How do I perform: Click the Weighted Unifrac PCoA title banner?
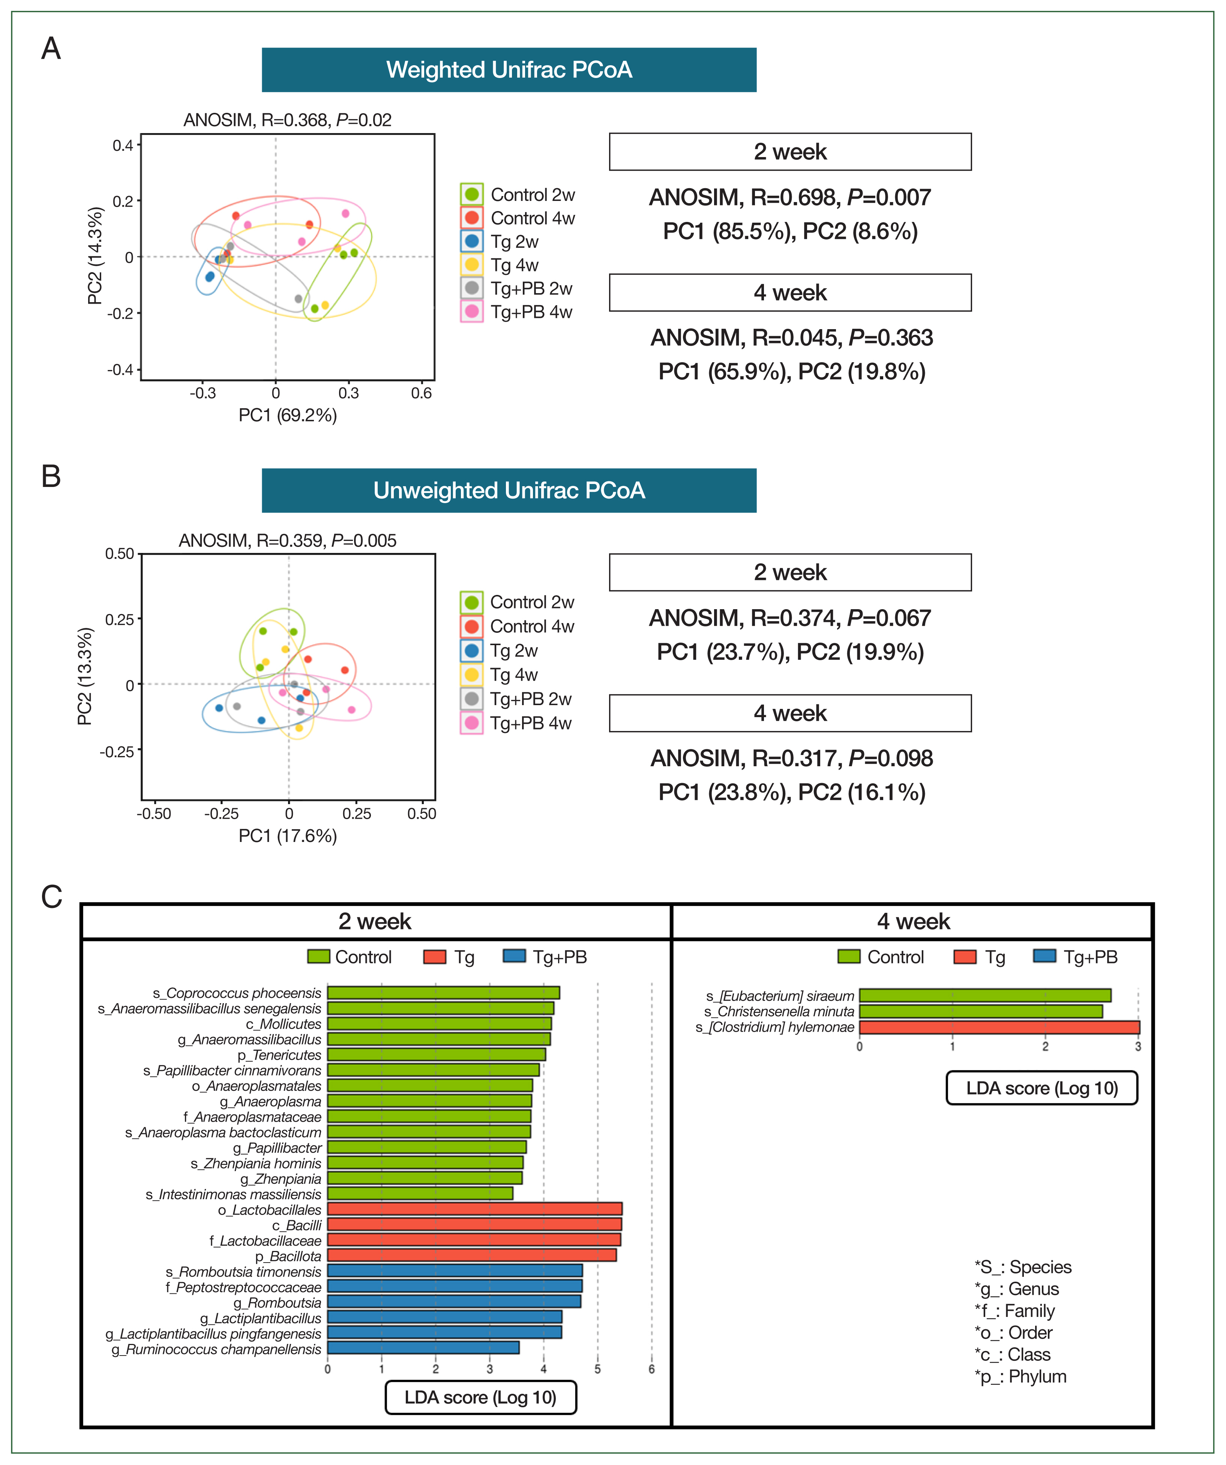509,70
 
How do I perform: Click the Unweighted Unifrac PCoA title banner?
509,490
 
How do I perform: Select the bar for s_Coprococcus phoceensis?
443,993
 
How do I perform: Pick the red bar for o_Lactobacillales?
474,1209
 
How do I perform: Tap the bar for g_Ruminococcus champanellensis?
423,1348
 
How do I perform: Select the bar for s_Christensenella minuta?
980,1011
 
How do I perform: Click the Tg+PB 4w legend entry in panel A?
530,312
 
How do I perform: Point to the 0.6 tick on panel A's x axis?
421,393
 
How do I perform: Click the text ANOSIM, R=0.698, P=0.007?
790,198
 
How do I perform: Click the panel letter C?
52,897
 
